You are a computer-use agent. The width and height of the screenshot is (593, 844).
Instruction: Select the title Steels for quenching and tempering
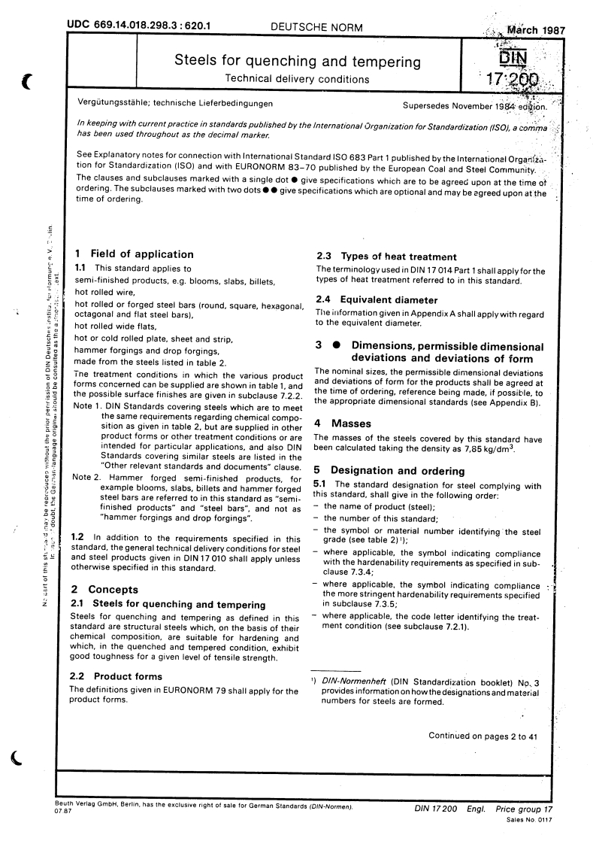(x=298, y=60)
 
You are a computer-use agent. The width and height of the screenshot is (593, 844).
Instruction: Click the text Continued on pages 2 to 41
(x=483, y=736)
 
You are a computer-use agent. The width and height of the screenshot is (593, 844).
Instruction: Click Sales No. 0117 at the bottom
(x=530, y=819)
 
